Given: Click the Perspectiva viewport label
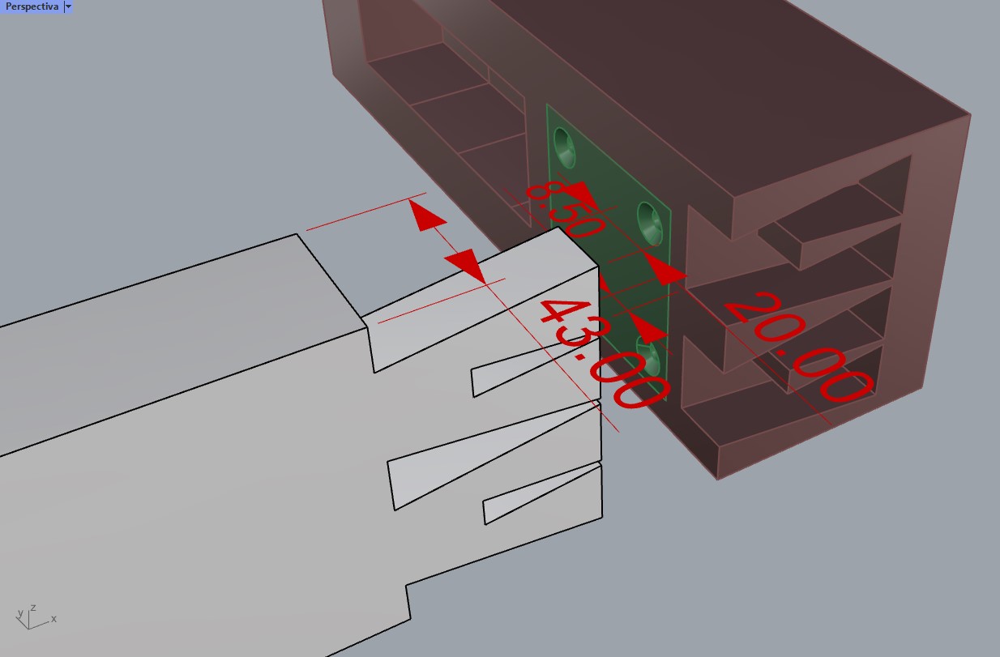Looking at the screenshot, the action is [32, 6].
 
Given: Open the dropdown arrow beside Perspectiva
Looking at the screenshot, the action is [68, 6].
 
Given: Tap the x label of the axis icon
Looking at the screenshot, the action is [53, 619].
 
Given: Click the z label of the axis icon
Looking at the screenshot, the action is [33, 608].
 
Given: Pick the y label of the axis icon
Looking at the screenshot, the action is [20, 613].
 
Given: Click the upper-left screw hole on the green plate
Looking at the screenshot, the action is [564, 147].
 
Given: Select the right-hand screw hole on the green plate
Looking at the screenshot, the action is [650, 224].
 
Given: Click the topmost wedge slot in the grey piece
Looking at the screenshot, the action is [482, 320].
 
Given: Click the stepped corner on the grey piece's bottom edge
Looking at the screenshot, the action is [406, 586].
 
